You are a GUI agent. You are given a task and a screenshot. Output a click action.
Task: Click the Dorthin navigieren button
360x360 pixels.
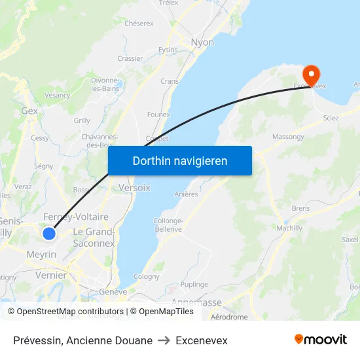pos(180,160)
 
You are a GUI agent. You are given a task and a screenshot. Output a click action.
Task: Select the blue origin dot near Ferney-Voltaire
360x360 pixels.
pos(49,233)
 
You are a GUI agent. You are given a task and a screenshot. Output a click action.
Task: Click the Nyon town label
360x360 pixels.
pos(202,43)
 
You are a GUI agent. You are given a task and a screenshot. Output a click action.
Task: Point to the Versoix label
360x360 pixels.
pos(134,187)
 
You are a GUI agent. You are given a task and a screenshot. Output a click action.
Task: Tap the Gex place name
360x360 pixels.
pos(29,111)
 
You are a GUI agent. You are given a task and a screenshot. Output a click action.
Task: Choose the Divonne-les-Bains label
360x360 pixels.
pos(105,84)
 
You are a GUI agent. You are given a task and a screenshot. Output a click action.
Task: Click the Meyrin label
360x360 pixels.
pos(41,254)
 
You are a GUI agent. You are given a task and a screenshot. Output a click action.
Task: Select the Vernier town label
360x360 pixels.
pos(50,276)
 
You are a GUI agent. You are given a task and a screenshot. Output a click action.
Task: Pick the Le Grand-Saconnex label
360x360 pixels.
pos(93,238)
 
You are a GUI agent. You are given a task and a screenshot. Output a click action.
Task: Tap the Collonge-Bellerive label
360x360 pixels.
pos(168,225)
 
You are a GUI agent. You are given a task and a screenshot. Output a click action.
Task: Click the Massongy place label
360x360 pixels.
pos(288,137)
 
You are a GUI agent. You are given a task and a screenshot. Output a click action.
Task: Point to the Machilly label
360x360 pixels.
pos(289,228)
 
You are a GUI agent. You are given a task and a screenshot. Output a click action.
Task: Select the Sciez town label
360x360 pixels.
pos(331,118)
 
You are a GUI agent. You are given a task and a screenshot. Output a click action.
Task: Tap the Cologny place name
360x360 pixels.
pos(146,277)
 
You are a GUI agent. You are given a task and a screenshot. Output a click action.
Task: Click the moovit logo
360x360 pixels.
pos(320,339)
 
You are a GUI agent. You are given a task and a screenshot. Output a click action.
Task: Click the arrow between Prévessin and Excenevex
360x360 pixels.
pos(164,340)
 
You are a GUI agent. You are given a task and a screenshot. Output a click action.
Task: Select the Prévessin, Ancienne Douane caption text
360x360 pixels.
pos(82,340)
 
